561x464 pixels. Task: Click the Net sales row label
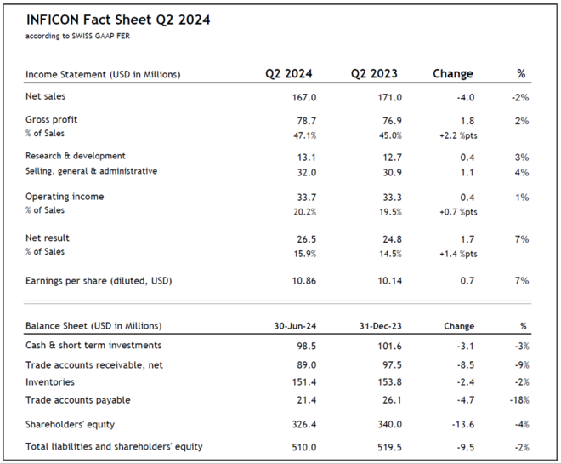point(44,97)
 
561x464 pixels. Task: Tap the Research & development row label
point(76,157)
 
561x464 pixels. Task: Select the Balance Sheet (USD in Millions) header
point(93,326)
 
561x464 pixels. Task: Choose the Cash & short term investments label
point(93,345)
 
